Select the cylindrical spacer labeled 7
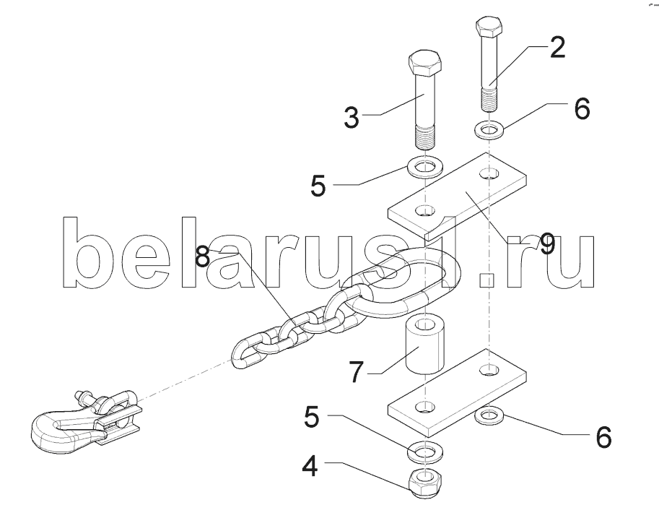coord(424,346)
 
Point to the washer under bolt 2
coord(490,131)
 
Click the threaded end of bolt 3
coord(425,135)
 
